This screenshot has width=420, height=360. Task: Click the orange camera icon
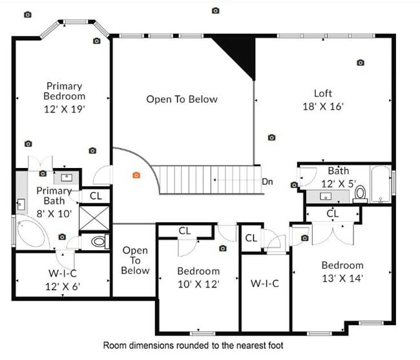[x=136, y=175]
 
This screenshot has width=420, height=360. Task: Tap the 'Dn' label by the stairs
[x=268, y=182]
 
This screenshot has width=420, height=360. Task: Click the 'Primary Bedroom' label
[x=64, y=91]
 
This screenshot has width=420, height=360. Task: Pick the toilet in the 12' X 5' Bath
[x=361, y=193]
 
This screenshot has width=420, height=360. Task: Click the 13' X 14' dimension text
[x=342, y=279]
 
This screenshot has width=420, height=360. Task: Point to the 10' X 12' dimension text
[x=198, y=284]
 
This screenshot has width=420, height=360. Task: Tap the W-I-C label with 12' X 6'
[x=62, y=279]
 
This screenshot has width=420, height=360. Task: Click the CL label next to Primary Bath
[x=96, y=196]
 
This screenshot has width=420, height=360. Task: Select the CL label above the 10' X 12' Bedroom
[x=184, y=230]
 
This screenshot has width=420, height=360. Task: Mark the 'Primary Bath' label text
[x=53, y=196]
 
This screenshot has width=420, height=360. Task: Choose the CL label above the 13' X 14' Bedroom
[x=333, y=213]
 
